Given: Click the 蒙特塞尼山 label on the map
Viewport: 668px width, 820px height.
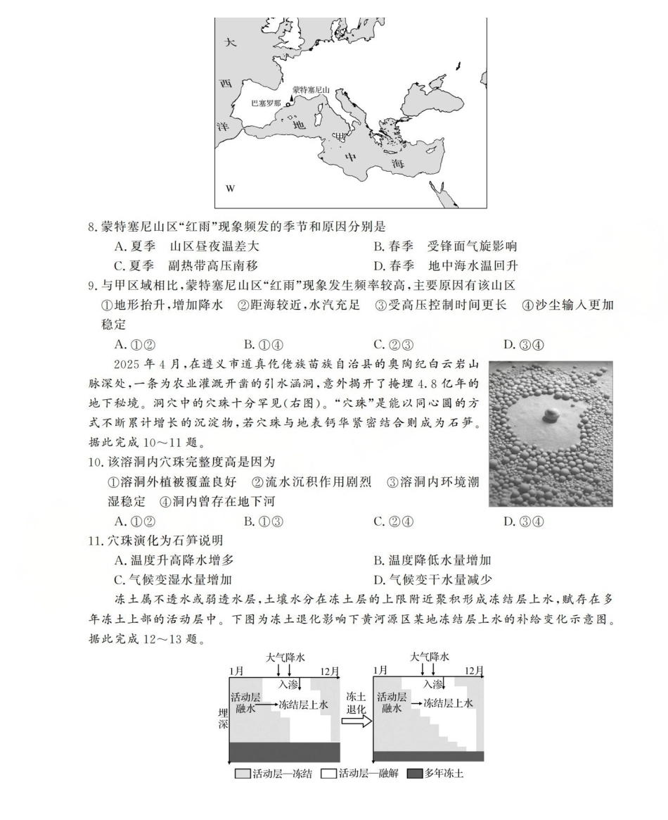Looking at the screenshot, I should click(311, 90).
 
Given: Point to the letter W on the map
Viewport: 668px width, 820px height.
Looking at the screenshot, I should click(229, 189).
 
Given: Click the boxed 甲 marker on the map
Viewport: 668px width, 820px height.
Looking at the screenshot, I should click(340, 135).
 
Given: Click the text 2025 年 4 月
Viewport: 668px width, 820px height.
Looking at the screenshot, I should click(145, 365).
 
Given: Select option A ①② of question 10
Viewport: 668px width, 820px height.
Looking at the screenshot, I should click(134, 521).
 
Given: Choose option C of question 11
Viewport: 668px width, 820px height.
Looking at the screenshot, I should click(173, 579).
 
